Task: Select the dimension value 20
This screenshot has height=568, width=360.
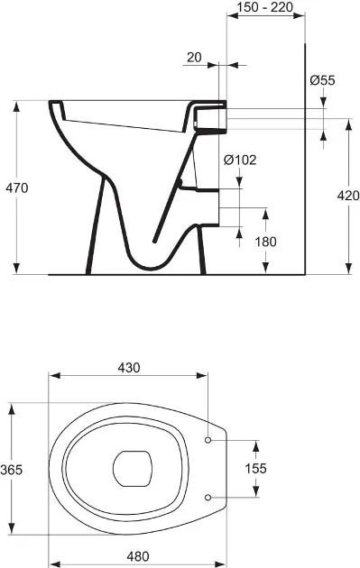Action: (x=194, y=57)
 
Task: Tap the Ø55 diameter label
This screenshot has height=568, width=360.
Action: (x=323, y=80)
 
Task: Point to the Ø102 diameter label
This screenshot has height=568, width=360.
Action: (x=240, y=160)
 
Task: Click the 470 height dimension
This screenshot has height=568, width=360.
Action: (x=16, y=188)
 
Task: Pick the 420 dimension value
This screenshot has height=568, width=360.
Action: (x=348, y=196)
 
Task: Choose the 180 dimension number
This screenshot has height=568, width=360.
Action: (x=266, y=242)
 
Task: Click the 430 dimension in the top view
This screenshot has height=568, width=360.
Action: (x=129, y=368)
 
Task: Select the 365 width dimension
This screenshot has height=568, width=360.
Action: (x=12, y=470)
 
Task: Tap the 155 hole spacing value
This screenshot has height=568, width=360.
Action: (x=255, y=469)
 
